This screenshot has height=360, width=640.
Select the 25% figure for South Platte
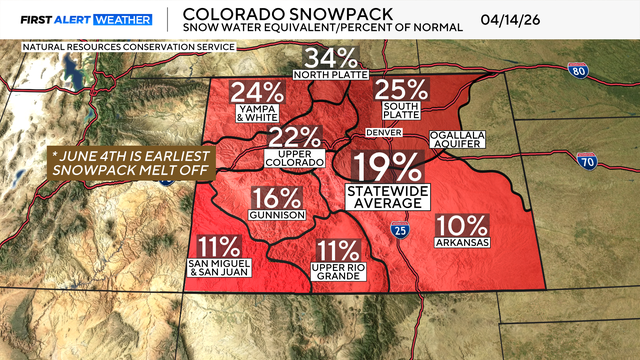(x=401, y=91)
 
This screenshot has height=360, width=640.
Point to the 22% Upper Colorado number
(x=294, y=138)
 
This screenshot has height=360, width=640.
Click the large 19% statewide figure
(x=387, y=166)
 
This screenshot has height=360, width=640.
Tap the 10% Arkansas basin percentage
(x=462, y=226)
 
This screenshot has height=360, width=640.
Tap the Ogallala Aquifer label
(x=457, y=139)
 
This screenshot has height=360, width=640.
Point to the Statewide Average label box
(x=387, y=196)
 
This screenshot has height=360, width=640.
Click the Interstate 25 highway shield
(x=399, y=231)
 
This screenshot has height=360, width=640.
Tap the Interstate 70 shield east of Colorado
(x=588, y=160)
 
